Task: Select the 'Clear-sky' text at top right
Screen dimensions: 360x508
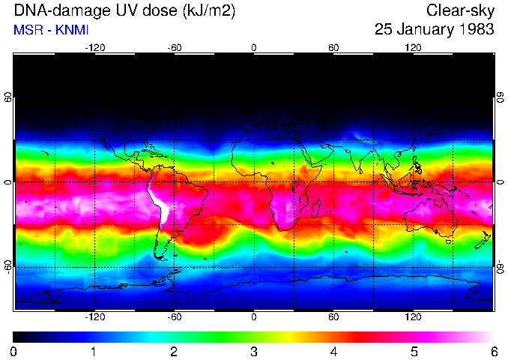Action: [460, 10]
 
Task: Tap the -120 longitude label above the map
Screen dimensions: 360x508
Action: [94, 48]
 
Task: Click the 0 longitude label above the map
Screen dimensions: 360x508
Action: [254, 48]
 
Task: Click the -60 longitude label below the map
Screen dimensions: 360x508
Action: [174, 317]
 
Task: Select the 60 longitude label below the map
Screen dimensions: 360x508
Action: [333, 317]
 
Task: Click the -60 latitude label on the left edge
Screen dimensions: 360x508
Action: [8, 266]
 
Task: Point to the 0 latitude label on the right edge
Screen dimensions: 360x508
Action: [500, 182]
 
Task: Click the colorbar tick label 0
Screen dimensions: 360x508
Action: [14, 351]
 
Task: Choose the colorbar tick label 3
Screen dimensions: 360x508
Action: [253, 351]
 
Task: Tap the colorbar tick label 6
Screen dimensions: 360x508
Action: [493, 351]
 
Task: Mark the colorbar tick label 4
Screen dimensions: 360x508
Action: [333, 351]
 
